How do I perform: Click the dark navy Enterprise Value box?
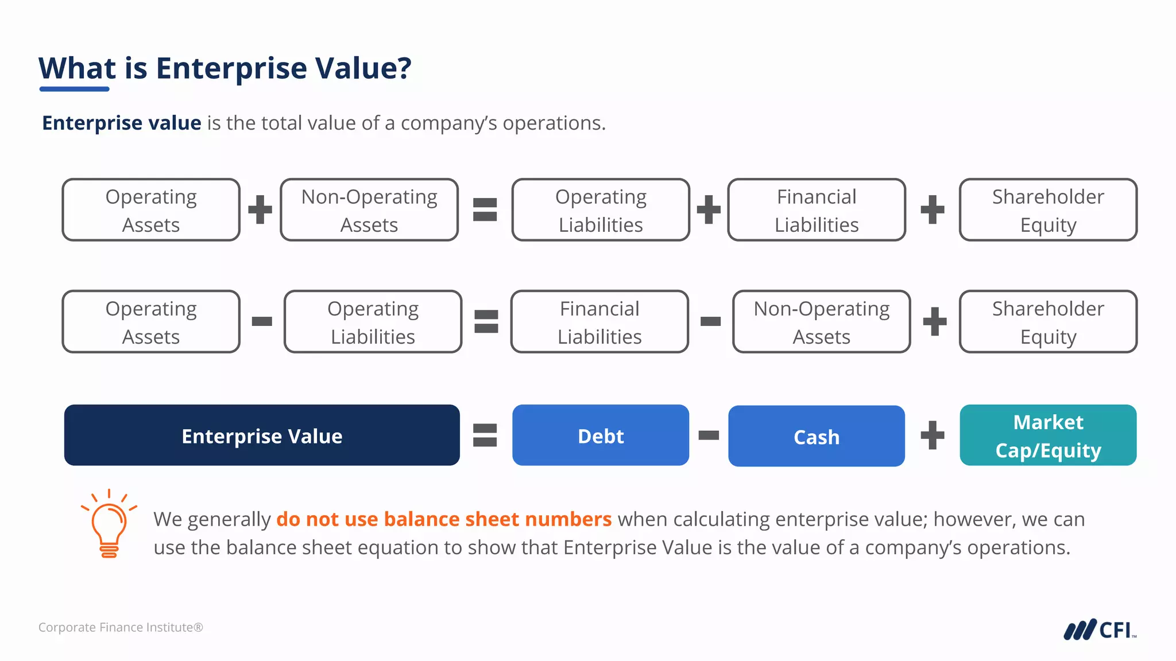tap(262, 436)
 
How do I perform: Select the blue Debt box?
tap(600, 436)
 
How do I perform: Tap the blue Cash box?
tap(816, 437)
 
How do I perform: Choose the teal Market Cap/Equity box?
tap(1048, 436)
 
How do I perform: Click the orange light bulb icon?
tap(109, 524)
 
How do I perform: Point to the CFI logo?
tap(1099, 629)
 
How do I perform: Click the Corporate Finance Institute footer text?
tap(121, 627)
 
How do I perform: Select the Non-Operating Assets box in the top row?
tap(369, 210)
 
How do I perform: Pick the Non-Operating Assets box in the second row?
tap(821, 322)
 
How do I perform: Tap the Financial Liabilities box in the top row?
tap(816, 210)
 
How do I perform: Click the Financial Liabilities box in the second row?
tap(599, 322)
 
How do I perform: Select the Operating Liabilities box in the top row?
tap(601, 210)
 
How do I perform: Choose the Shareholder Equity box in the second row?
tap(1048, 322)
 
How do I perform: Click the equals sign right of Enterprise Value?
tap(485, 435)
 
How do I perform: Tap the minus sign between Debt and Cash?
tap(709, 436)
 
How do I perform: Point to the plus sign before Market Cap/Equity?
tap(932, 435)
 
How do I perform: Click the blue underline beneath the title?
tap(74, 89)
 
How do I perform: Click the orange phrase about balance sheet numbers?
tap(443, 519)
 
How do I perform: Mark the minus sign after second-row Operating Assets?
tap(262, 321)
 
